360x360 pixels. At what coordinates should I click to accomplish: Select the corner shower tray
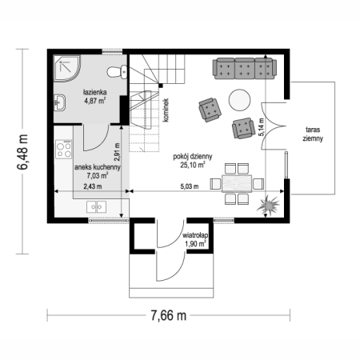click(x=66, y=68)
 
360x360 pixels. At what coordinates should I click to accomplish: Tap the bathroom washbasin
click(x=60, y=102)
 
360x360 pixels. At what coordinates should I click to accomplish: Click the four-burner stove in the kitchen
click(x=64, y=150)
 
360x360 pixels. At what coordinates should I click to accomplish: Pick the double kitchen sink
click(x=96, y=207)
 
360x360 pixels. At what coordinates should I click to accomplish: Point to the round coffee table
click(x=239, y=100)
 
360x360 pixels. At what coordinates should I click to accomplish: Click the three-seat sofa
click(x=245, y=69)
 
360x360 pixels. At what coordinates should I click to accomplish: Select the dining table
click(x=237, y=183)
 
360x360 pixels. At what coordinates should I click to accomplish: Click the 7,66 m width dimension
click(x=169, y=316)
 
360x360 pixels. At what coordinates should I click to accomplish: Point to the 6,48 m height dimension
click(x=22, y=152)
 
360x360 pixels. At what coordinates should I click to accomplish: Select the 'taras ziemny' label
click(x=313, y=134)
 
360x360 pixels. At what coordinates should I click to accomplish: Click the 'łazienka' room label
click(x=95, y=92)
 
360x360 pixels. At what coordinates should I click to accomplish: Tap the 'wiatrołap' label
click(x=195, y=236)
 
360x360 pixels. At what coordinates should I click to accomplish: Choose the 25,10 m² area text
click(x=193, y=165)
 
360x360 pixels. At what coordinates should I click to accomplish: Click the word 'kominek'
click(x=166, y=110)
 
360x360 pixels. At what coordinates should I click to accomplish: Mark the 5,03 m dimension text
click(x=190, y=186)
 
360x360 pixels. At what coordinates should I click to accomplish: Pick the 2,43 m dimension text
click(x=93, y=186)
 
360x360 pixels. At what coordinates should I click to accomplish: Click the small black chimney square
click(x=161, y=86)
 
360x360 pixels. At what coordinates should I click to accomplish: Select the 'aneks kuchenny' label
click(x=98, y=167)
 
